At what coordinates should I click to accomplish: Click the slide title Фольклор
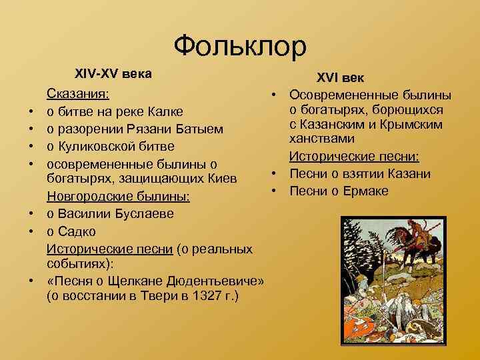pyautogui.click(x=240, y=45)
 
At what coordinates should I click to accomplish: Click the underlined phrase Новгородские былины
pyautogui.click(x=118, y=197)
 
